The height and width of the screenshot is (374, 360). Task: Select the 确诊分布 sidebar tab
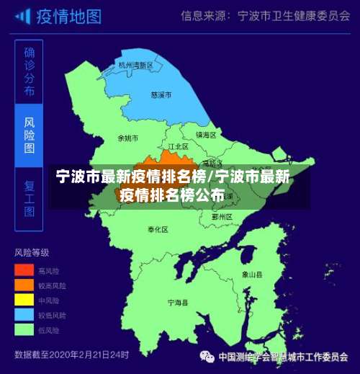[30, 71]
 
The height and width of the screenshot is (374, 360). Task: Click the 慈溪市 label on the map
[161, 94]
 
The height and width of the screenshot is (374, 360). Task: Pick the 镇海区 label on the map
[207, 135]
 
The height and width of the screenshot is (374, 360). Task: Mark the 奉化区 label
[158, 229]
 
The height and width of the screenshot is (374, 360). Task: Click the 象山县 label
[252, 275]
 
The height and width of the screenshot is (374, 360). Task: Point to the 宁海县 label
[177, 303]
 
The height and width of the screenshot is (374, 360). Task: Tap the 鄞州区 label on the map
[222, 216]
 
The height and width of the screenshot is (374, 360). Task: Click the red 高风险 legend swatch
[24, 270]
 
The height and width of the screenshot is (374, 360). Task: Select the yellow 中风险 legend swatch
[24, 300]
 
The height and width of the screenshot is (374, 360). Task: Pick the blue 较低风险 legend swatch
[24, 315]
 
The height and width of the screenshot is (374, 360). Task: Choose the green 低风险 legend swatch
[24, 330]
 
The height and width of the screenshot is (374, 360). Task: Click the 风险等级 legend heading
[32, 253]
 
